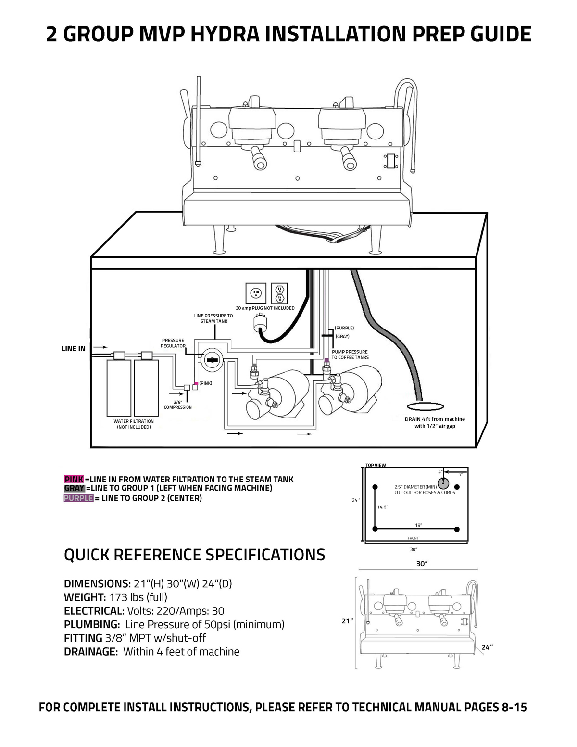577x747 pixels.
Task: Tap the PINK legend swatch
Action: coord(74,479)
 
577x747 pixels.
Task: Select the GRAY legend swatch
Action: coord(74,488)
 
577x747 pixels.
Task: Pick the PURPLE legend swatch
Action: coord(78,498)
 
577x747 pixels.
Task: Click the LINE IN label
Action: coord(74,348)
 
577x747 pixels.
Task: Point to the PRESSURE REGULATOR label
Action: coord(173,343)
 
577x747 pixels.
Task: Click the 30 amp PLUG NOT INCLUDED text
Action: coord(265,308)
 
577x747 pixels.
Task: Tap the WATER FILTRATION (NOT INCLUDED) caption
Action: coord(134,424)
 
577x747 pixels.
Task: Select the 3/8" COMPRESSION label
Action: coord(177,405)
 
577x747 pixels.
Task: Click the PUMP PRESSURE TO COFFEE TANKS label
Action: coord(350,355)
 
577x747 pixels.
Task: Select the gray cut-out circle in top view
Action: coord(443,482)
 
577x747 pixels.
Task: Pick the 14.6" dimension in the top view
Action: coord(382,507)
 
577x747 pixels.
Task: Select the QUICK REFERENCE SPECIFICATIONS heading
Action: coord(194,555)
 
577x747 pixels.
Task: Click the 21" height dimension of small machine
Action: coord(347,621)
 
